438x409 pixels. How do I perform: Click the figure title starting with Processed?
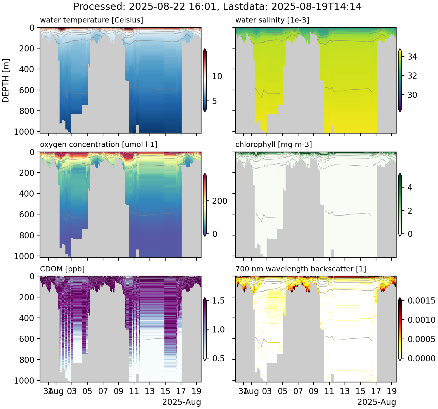pyautogui.click(x=217, y=6)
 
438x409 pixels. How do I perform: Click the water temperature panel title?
pyautogui.click(x=91, y=20)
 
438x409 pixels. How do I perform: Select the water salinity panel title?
pyautogui.click(x=272, y=20)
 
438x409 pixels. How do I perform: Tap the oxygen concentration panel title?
pyautogui.click(x=99, y=145)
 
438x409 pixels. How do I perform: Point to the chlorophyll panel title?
pyautogui.click(x=274, y=145)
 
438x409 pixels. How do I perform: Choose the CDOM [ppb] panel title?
pyautogui.click(x=62, y=269)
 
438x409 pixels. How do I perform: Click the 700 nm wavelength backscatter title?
pyautogui.click(x=301, y=269)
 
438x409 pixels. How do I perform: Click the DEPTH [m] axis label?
pyautogui.click(x=6, y=80)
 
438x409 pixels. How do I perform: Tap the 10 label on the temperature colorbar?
pyautogui.click(x=217, y=76)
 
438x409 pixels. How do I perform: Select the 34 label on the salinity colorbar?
pyautogui.click(x=412, y=57)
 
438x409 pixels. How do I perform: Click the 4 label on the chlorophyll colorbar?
pyautogui.click(x=410, y=188)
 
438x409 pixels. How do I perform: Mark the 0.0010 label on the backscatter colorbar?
pyautogui.click(x=421, y=320)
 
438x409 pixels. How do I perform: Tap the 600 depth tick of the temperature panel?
pyautogui.click(x=27, y=90)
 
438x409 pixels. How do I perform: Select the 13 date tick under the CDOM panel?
pyautogui.click(x=150, y=391)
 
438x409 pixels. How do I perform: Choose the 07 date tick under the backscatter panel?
pyautogui.click(x=298, y=391)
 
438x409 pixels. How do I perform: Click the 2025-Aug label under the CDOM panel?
pyautogui.click(x=182, y=402)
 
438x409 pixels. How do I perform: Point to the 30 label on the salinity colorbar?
pyautogui.click(x=412, y=95)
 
